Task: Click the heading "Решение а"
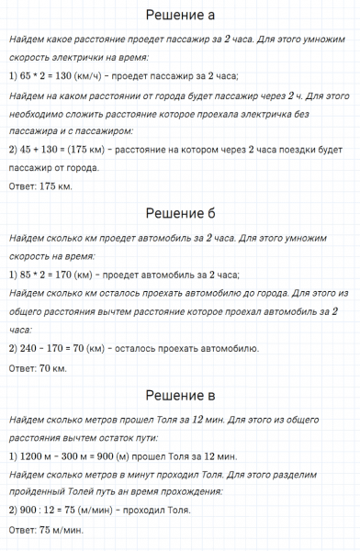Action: [180, 17]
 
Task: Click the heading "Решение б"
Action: [180, 214]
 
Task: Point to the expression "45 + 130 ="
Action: [42, 150]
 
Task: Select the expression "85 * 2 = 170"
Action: [49, 275]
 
